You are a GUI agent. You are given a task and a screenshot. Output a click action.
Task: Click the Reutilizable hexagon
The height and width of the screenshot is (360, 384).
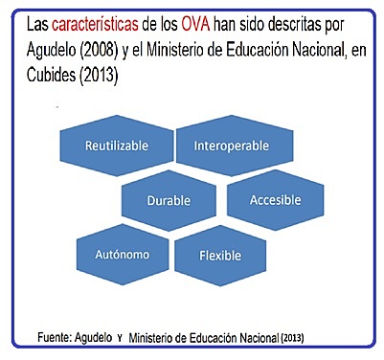coord(114,146)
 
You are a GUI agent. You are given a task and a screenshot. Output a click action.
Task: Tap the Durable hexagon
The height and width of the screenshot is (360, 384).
coord(169,201)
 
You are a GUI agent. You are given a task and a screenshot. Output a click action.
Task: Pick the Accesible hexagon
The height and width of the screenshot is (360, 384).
coord(275,201)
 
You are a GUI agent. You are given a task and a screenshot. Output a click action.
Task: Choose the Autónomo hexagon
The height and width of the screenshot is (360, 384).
coord(114,256)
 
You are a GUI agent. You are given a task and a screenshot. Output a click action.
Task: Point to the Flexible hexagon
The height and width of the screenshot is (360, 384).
coord(220,256)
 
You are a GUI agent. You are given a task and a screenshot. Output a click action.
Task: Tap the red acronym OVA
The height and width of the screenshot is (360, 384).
coord(198,20)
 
